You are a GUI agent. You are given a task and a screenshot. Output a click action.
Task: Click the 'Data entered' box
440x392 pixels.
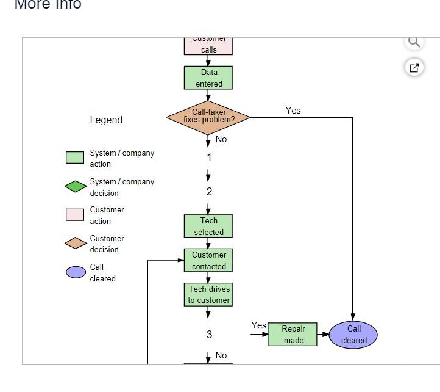click(208, 78)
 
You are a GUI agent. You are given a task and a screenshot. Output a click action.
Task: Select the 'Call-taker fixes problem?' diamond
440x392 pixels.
click(208, 117)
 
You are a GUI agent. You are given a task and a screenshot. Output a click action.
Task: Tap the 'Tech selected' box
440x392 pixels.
click(208, 227)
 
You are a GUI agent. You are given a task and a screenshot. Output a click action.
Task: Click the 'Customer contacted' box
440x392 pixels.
click(208, 261)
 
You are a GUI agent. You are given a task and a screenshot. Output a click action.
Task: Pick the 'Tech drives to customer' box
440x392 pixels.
click(208, 294)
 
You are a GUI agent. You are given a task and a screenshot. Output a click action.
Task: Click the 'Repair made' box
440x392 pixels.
click(293, 335)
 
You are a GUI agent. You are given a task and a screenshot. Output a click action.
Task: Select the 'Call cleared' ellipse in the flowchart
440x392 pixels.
click(353, 335)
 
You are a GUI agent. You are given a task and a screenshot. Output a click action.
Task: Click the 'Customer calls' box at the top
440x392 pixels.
click(208, 46)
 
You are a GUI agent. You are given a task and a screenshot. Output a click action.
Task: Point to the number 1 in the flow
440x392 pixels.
click(209, 158)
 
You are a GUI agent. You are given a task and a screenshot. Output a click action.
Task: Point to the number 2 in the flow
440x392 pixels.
click(209, 192)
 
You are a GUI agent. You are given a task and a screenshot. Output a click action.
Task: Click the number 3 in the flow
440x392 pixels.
click(209, 335)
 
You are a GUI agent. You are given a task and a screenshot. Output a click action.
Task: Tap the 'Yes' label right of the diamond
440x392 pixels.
click(293, 111)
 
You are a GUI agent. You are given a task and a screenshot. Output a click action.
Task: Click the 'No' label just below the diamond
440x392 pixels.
click(221, 139)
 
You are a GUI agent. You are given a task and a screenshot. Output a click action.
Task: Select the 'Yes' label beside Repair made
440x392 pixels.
click(258, 326)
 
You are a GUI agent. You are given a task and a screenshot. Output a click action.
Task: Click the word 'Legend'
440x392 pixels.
click(106, 120)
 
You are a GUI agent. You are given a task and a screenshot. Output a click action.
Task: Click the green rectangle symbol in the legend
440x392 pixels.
click(75, 158)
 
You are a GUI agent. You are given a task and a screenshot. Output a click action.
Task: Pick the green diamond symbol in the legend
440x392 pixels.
click(76, 186)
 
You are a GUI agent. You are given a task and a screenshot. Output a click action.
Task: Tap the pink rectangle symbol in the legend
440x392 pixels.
click(75, 215)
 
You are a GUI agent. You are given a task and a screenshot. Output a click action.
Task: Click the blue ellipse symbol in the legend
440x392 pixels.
click(76, 272)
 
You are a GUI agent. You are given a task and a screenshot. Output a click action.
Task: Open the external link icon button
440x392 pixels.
click(414, 67)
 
